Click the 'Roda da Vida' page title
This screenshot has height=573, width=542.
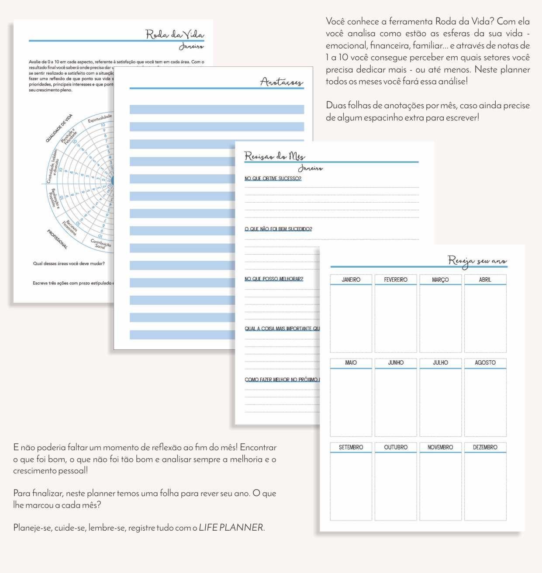(175, 35)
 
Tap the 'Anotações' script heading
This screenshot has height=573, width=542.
(281, 82)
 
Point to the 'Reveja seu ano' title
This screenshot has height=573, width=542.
(477, 261)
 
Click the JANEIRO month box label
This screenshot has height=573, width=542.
(351, 280)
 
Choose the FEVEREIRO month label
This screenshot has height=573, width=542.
(396, 280)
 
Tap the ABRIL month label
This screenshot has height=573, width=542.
(485, 280)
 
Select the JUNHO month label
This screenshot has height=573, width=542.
(396, 362)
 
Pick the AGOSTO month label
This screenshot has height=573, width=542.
(485, 362)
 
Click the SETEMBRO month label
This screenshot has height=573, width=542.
(351, 447)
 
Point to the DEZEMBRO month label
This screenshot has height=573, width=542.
(485, 447)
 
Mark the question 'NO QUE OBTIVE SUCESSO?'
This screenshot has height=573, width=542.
(273, 179)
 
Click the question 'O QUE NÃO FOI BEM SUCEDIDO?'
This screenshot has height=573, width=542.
(278, 229)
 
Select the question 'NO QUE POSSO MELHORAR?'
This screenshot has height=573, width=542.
(274, 279)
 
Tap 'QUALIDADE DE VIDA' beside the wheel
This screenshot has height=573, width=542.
(59, 128)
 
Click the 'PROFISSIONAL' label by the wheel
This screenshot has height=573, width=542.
(58, 239)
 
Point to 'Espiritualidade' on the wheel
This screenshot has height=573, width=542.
(100, 118)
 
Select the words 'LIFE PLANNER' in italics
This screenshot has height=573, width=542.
(231, 528)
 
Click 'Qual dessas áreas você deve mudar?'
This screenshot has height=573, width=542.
(69, 263)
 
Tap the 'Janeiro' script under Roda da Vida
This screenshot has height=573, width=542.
(191, 47)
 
